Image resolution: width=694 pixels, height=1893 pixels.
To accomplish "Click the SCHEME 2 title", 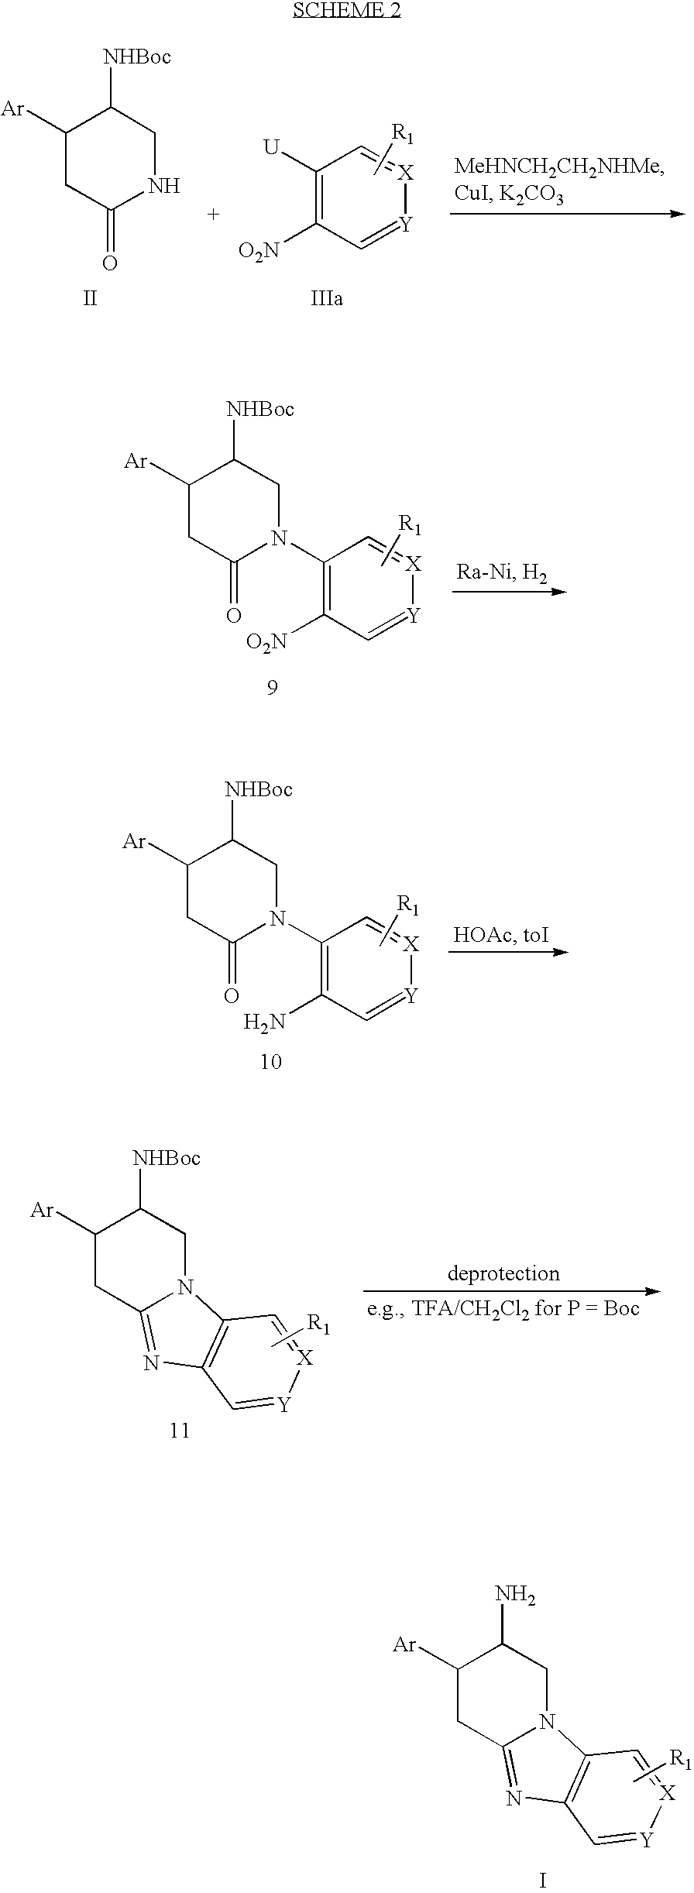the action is click(346, 10).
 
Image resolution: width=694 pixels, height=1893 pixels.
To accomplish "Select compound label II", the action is click(91, 298).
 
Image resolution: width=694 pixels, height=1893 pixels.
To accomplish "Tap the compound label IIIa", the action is click(327, 298).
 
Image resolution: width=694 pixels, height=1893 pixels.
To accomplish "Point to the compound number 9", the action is click(272, 687).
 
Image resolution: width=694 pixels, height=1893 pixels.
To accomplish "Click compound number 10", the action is click(270, 1061).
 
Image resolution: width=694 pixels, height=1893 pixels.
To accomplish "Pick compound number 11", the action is click(180, 1430).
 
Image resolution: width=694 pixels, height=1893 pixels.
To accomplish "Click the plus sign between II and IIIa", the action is click(213, 214).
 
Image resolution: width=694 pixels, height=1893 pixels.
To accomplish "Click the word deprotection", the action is click(503, 1273).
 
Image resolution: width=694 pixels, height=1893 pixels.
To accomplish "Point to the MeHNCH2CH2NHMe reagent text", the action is click(558, 167).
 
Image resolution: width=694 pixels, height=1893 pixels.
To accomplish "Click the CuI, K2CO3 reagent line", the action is click(509, 194).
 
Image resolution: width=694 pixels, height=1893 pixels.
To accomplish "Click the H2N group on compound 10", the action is click(264, 1022).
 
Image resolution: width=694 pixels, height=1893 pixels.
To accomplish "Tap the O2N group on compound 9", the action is click(266, 641).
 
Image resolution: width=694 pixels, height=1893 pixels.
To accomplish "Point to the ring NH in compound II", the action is click(167, 186).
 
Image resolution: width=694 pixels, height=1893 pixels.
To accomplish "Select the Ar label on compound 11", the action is click(41, 1208).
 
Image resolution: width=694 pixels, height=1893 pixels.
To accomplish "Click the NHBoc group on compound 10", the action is click(259, 790).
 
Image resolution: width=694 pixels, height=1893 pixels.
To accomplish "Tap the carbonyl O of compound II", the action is click(110, 263).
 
